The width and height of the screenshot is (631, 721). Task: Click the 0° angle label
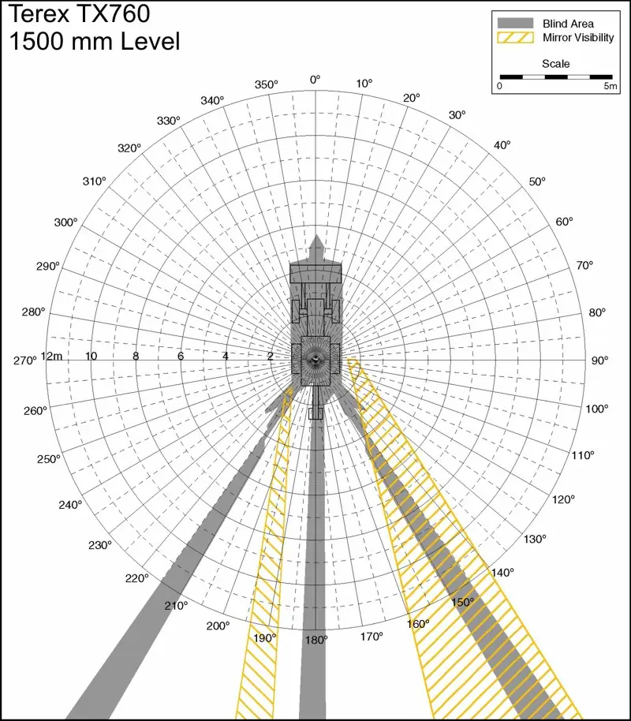[x=315, y=80]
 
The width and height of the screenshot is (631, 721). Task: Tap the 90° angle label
[x=599, y=360]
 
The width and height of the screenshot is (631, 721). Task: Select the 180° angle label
[x=316, y=640]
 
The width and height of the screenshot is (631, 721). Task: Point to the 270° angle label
[x=24, y=360]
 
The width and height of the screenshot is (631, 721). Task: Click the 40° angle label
[x=502, y=145]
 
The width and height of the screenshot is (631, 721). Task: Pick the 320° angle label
[x=129, y=148]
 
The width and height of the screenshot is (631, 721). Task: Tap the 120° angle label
[x=563, y=499]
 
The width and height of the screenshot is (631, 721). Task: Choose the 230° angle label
[x=100, y=545]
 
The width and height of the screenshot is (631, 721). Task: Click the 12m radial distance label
[x=51, y=357]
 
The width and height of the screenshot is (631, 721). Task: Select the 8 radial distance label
[x=136, y=356]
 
